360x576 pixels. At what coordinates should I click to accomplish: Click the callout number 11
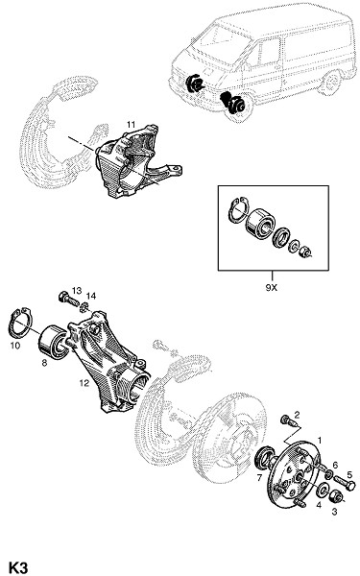point(132,125)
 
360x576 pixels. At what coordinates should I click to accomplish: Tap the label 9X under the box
point(272,288)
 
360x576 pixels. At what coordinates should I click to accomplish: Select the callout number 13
point(77,291)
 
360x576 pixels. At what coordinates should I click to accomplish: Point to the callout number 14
point(91,296)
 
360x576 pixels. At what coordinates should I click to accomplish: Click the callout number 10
point(15,346)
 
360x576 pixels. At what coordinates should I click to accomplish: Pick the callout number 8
point(44,363)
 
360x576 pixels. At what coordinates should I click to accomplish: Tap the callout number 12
point(84,383)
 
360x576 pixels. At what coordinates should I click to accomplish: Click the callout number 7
point(259,478)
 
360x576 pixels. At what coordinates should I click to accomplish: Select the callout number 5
point(349,475)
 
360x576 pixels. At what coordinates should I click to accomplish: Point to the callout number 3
point(334,512)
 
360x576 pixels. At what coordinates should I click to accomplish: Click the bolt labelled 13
point(68,299)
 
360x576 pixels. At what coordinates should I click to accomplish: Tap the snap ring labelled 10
point(21,324)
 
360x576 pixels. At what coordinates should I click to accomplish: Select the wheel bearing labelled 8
point(53,341)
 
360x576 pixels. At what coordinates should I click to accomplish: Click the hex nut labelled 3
point(337,497)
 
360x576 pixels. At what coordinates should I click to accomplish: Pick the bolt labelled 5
point(345,482)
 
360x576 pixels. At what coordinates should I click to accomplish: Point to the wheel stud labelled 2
point(289,421)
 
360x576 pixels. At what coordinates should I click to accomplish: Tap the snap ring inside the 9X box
point(237,210)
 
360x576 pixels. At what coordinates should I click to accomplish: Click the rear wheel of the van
point(331,83)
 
